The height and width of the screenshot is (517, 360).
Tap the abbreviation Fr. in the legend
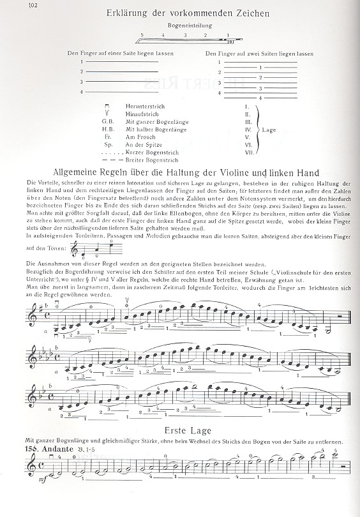pos(107,137)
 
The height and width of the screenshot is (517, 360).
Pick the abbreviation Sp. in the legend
pos(107,146)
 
